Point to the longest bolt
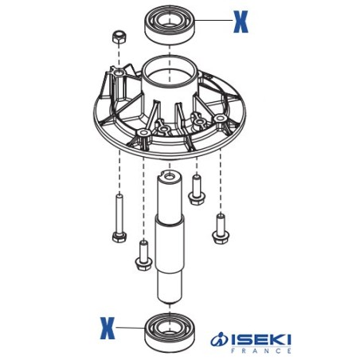coord(118,219)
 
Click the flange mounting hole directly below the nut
coord(119,74)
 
